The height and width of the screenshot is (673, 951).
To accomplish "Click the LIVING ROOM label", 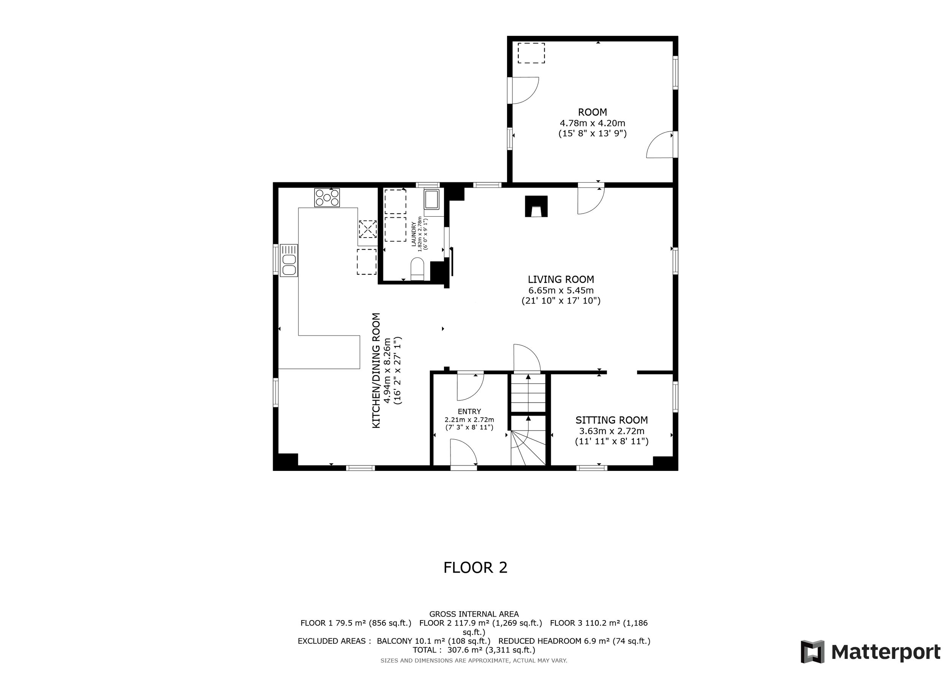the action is coord(561,279).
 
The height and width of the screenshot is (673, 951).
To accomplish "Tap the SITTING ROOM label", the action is coord(612,420).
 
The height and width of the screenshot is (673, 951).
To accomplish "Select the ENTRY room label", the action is coord(469,411).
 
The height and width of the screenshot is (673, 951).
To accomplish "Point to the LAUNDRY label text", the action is coord(413,234).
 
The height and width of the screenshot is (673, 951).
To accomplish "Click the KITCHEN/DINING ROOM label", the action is coord(376,370).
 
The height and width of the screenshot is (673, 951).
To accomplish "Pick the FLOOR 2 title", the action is coord(475,568).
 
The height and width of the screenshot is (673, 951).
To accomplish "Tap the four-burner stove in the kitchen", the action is coord(327,198).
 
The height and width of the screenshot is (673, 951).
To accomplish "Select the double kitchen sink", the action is coord(289,260).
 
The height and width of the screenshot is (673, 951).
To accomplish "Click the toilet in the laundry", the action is coord(417,270).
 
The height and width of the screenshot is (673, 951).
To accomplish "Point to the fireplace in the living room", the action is coord(536,206).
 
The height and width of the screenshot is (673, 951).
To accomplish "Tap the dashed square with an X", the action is coord(367,229).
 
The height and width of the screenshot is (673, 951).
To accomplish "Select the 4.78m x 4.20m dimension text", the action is coord(592,123).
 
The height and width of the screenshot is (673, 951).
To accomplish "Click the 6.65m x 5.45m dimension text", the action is coord(561,290).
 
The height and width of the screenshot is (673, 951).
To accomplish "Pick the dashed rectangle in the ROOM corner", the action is coord(531,53).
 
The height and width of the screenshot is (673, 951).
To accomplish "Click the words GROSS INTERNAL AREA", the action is coord(474,614).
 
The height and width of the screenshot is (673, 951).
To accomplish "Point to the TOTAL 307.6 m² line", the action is coord(474,650).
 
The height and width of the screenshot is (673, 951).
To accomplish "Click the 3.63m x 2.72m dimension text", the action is coord(612,431).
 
